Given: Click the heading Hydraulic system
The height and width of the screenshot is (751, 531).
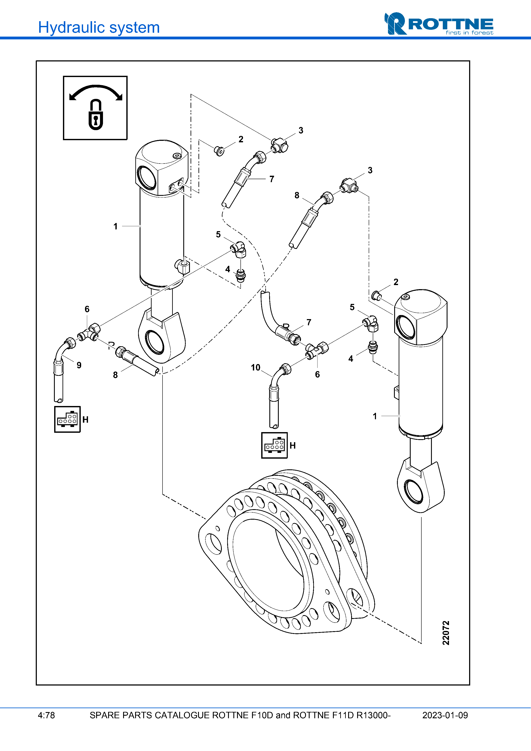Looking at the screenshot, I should click(x=99, y=27).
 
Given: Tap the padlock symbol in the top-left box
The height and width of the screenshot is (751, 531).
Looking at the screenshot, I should click(x=95, y=115).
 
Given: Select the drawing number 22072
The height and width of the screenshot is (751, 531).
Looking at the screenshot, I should click(x=446, y=633).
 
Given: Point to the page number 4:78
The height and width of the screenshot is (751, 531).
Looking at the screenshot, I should click(x=46, y=715).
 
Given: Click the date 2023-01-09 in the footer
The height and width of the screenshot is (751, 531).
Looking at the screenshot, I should click(x=445, y=715).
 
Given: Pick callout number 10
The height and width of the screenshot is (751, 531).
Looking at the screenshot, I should click(x=255, y=368).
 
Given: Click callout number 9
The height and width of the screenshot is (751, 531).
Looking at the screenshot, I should click(x=79, y=365).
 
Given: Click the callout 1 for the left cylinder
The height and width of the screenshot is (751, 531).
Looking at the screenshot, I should click(x=115, y=226).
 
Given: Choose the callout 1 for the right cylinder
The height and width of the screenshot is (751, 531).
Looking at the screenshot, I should click(x=375, y=416).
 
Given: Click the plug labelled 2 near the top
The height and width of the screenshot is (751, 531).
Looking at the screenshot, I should click(x=219, y=151).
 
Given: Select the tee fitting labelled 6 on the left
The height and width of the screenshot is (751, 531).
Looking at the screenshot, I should click(x=88, y=334).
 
